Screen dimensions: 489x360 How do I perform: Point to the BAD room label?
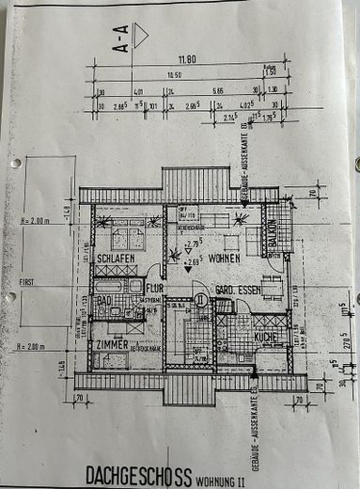(x=105, y=300)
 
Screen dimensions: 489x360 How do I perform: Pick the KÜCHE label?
(x=265, y=336)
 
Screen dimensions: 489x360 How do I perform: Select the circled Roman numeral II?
(x=199, y=301)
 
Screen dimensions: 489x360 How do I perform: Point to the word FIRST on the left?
(x=26, y=280)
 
